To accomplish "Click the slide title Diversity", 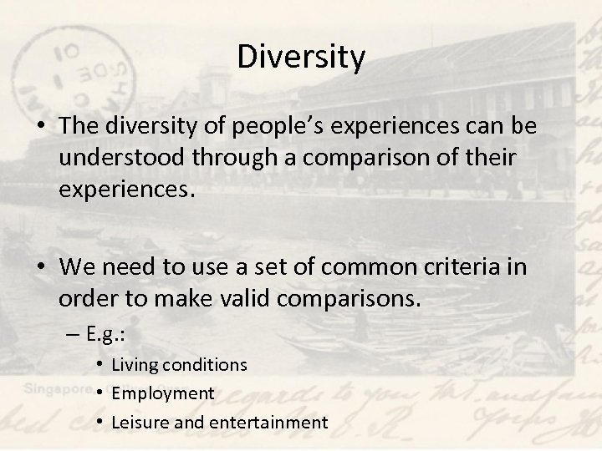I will (301, 58).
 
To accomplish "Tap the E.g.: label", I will (107, 337).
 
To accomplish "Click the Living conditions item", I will (179, 364).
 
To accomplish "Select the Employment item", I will (163, 393).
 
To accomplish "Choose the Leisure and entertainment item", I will (219, 422).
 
